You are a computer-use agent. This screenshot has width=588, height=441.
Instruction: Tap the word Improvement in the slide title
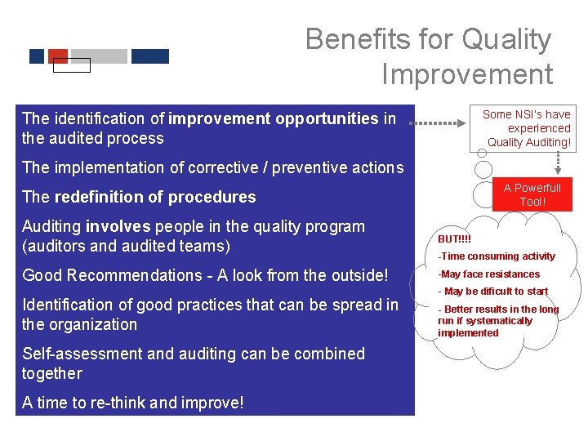tap(467, 74)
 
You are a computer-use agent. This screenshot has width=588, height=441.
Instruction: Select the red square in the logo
tap(58, 56)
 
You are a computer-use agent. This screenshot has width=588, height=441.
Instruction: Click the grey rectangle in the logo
tap(99, 56)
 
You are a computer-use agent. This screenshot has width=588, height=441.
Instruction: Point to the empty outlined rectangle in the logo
tap(71, 65)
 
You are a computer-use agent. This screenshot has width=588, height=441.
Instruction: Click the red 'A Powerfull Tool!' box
tap(532, 194)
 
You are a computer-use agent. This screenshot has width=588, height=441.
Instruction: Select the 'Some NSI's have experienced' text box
tap(527, 128)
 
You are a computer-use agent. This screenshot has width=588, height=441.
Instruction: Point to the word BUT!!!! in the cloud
tap(455, 239)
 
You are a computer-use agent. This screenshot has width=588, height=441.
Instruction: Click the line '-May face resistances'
tap(488, 274)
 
